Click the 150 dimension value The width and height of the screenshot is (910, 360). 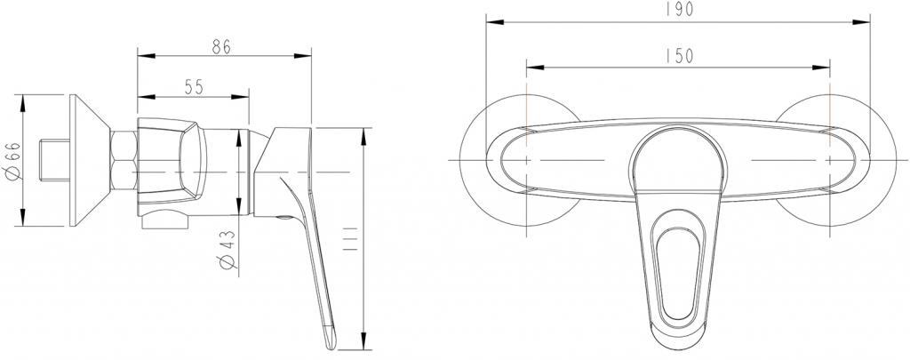click(677, 55)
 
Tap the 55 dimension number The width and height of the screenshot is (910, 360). click(194, 86)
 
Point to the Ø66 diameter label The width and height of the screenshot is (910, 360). click(10, 160)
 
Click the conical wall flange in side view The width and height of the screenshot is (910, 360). click(89, 161)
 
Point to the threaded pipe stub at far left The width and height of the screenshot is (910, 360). click(55, 160)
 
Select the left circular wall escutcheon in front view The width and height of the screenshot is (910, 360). click(498, 160)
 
